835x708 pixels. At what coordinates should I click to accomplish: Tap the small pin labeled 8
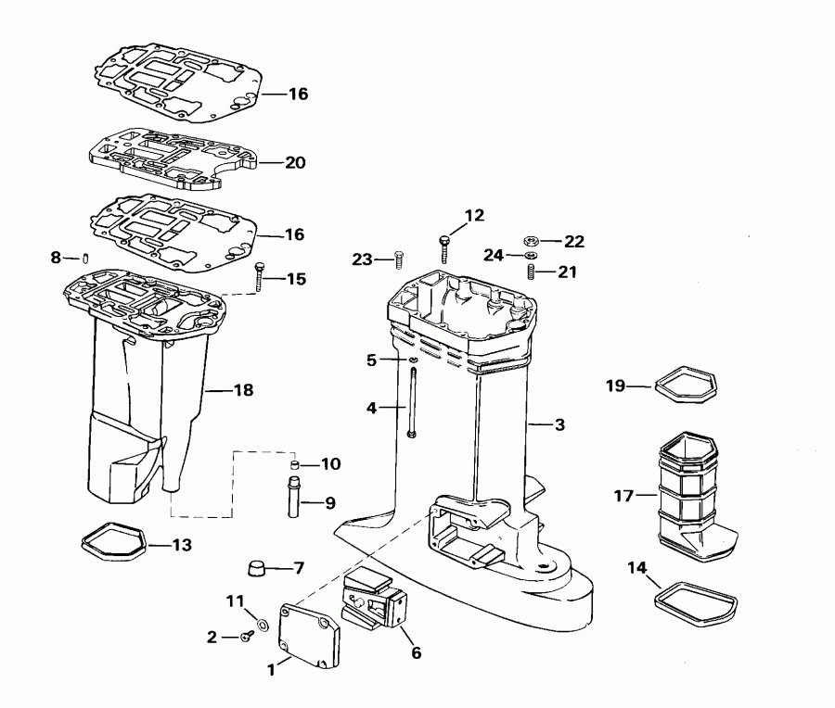click(83, 258)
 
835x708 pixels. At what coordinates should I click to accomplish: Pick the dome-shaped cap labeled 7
click(258, 567)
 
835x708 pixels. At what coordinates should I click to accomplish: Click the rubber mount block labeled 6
click(376, 607)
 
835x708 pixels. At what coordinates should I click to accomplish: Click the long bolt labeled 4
click(409, 403)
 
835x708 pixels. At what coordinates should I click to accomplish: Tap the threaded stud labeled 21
click(533, 272)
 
